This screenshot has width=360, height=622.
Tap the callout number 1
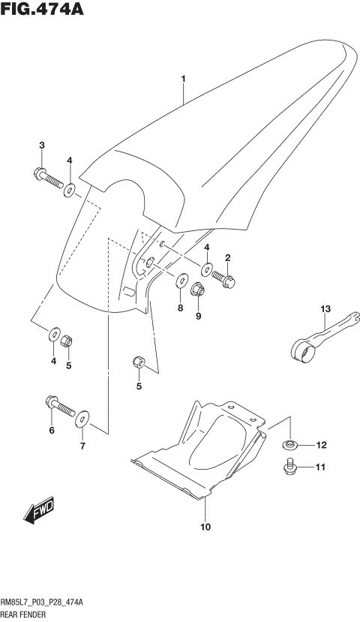tap(182, 78)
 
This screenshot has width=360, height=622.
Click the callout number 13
tap(325, 309)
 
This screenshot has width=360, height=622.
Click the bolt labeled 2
tap(225, 278)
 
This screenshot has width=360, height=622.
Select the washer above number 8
tap(181, 281)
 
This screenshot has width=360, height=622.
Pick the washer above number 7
tap(82, 417)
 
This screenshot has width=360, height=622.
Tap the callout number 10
tap(205, 527)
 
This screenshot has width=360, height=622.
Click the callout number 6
tap(52, 431)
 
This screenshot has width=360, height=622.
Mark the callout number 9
tap(199, 317)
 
